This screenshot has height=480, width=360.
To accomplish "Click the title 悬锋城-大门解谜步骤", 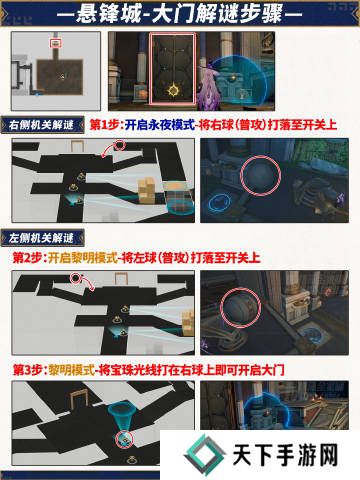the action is click(x=179, y=15).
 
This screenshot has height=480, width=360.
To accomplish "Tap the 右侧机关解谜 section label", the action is click(x=41, y=125).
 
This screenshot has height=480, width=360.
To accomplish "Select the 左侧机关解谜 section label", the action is click(x=41, y=238).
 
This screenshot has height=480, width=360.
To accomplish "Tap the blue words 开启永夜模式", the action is click(x=160, y=125).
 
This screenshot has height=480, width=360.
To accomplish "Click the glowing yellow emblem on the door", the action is click(x=174, y=90).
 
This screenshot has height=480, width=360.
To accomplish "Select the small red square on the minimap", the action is click(x=56, y=43).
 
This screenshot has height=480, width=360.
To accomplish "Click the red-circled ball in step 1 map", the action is click(x=120, y=145).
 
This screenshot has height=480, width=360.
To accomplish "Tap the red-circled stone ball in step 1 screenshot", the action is click(x=260, y=174).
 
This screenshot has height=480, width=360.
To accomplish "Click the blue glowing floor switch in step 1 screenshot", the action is click(x=220, y=203).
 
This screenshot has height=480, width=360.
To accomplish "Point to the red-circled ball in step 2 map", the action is click(x=76, y=278).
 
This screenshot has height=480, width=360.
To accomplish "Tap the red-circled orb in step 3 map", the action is click(x=124, y=440).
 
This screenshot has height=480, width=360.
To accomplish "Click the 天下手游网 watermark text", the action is click(x=285, y=455).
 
